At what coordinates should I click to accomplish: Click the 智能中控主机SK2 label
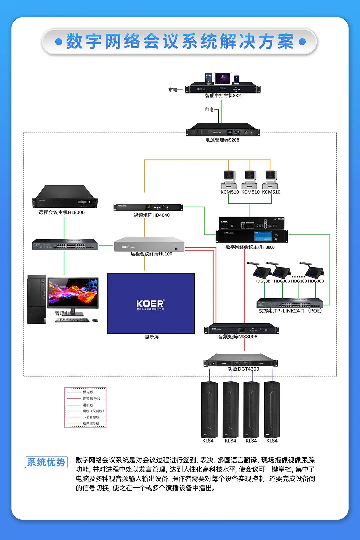223,96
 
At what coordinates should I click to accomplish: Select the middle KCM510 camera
250,179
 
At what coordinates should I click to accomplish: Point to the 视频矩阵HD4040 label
152,215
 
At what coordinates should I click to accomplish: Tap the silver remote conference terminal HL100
149,245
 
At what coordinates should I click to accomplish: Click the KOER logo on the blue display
150,304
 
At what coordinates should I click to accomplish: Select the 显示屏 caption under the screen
152,337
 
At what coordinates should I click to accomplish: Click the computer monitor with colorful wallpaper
73,293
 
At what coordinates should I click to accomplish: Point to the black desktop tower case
36,299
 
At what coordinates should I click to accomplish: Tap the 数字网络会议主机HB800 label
250,247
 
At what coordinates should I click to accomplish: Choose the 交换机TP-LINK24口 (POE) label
290,311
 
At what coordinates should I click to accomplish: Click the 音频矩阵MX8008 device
242,329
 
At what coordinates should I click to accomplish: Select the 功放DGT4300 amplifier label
243,369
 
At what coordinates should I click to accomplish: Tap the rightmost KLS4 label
272,441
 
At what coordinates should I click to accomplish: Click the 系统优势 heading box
46,462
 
